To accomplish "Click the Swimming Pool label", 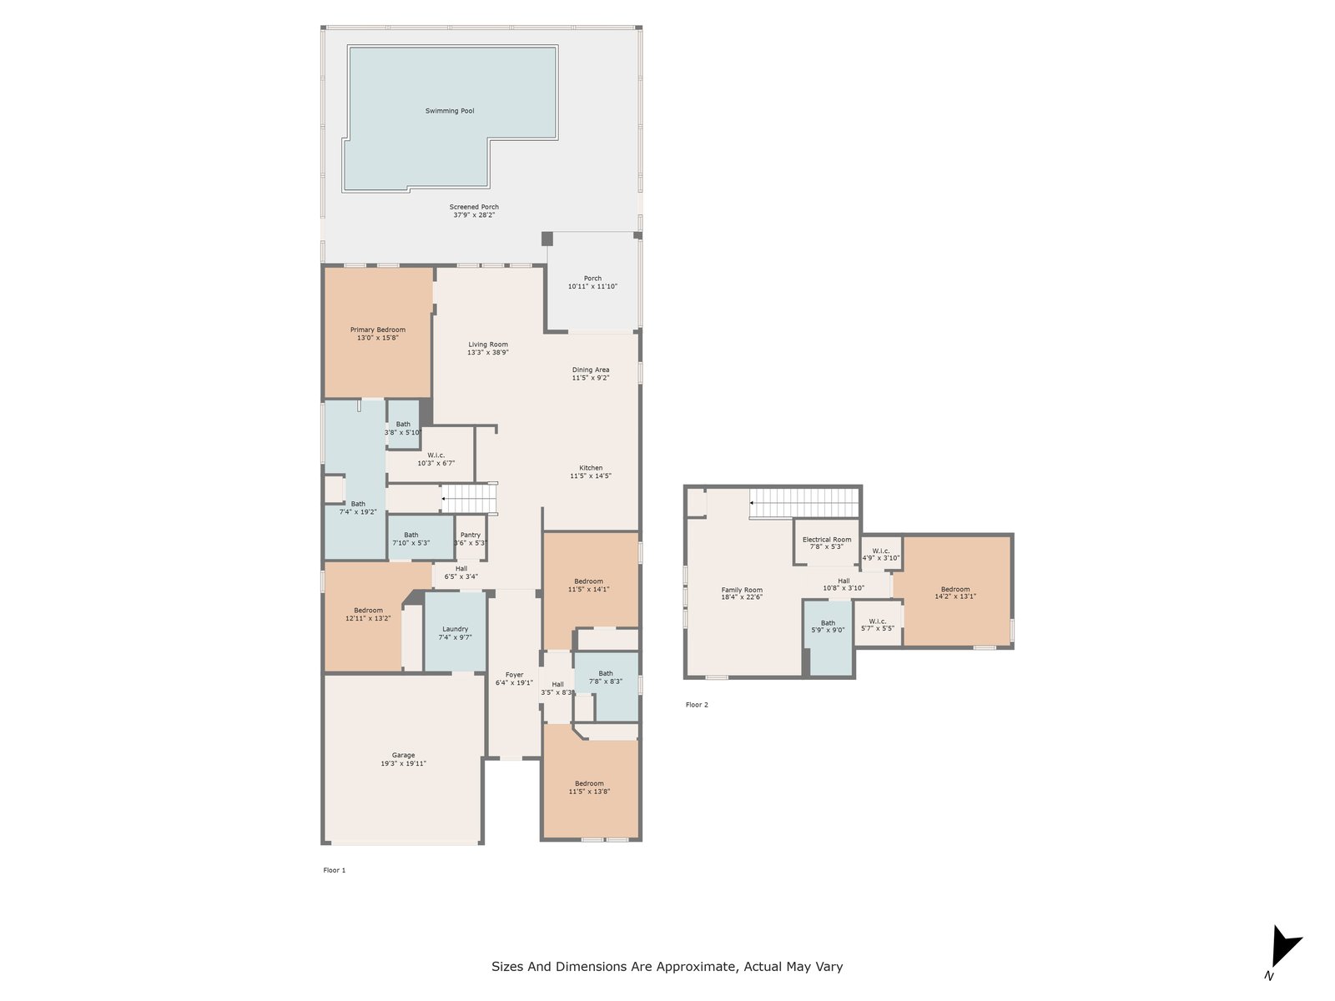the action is coord(450,111).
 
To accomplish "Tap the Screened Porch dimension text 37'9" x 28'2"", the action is coord(474,215).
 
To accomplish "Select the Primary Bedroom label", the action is coord(378,330).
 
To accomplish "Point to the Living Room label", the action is coord(488,345).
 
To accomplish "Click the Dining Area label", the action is coord(591,370).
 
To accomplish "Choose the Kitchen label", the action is coord(591,468).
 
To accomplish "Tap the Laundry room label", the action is coord(455,629).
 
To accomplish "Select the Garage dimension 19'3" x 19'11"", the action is coord(403,763).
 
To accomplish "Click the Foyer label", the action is coord(514,675).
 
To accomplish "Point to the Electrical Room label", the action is coord(827,540).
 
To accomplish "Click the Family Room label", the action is coord(742,590).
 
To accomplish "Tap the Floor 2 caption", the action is coord(697,705).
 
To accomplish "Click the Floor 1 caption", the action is coord(335,870).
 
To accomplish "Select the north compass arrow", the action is coord(1285,946).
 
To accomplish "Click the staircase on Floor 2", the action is coord(804,503).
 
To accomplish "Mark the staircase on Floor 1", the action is coord(470,498).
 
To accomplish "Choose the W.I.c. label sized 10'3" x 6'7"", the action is coord(436,455).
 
